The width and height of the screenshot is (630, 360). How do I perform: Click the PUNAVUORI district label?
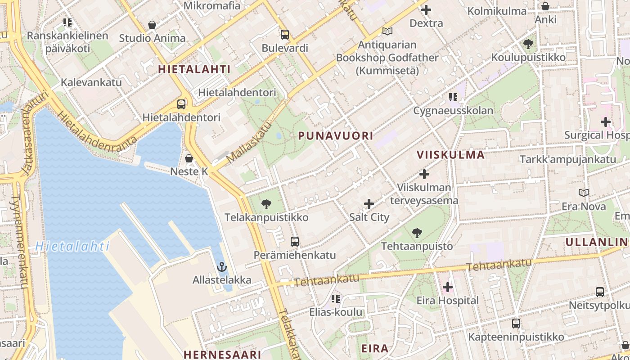click(336, 135)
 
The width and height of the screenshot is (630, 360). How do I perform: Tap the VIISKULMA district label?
click(450, 155)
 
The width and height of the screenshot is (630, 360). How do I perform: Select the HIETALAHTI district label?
click(194, 69)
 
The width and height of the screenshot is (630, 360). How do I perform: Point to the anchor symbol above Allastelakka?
click(221, 267)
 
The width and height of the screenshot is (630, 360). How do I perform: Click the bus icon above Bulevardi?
click(284, 34)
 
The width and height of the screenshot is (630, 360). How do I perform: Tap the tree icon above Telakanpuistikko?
click(266, 204)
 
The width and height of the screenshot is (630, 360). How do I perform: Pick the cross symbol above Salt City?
click(369, 204)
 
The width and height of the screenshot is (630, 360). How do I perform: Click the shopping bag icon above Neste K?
click(189, 158)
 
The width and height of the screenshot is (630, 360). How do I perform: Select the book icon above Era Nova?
click(584, 193)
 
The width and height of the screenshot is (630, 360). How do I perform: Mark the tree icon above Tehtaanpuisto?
click(417, 233)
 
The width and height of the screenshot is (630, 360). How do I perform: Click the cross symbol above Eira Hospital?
click(447, 287)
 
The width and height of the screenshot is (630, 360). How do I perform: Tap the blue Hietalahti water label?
click(72, 246)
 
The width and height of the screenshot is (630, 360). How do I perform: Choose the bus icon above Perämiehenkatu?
click(295, 242)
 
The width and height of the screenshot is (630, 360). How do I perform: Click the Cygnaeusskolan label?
click(453, 110)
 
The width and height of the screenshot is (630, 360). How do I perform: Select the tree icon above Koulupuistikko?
click(528, 44)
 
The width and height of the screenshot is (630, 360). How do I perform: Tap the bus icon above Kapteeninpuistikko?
click(516, 324)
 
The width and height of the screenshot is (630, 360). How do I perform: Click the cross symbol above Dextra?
click(426, 10)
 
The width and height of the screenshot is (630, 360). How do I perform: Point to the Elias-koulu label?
click(336, 312)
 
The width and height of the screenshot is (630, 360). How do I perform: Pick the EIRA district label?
click(375, 348)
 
